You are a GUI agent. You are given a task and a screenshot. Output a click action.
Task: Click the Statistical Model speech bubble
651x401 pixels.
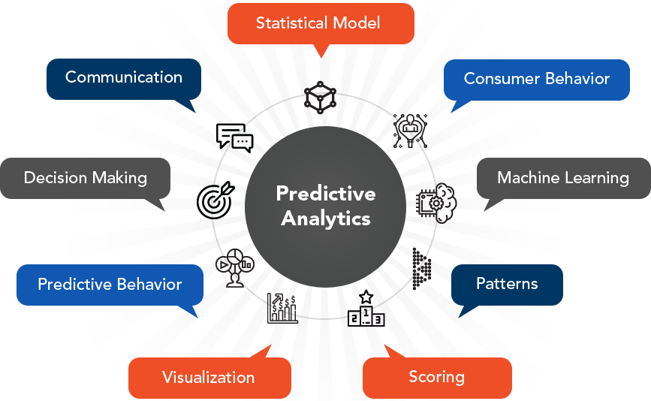(x=321, y=24)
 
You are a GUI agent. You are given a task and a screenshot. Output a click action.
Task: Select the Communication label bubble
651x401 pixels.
(x=124, y=79)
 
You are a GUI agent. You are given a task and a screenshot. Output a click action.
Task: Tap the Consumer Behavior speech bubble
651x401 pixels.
(x=536, y=80)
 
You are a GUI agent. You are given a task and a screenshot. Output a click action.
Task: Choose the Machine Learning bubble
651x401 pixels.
(x=563, y=178)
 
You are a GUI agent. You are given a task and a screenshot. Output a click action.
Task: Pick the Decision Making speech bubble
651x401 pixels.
(x=85, y=178)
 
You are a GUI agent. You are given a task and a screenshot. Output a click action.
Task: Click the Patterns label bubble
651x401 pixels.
(x=507, y=285)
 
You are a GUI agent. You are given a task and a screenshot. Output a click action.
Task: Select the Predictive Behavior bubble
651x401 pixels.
(x=110, y=285)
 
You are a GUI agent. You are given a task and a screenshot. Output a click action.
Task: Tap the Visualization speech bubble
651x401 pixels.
(x=209, y=378)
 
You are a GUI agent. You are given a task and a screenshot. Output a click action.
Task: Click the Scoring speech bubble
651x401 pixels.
(x=437, y=378)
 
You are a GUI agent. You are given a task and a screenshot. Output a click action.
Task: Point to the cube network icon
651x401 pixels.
(x=320, y=98)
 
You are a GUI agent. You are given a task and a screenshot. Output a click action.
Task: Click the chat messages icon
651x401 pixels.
(x=234, y=138)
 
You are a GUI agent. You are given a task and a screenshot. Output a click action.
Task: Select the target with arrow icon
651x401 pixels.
(x=215, y=200)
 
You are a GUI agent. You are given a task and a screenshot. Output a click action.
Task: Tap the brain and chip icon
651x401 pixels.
(x=436, y=204)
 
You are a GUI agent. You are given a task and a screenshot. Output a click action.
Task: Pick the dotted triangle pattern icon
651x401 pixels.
(x=422, y=269)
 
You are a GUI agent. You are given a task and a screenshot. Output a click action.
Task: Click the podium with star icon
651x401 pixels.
(x=366, y=309)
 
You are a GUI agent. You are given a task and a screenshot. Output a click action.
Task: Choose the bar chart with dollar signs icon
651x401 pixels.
(x=282, y=308)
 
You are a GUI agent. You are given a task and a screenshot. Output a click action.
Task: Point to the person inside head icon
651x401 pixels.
(x=410, y=131)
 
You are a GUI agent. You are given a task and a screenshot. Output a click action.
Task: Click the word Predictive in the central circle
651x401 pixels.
(x=326, y=194)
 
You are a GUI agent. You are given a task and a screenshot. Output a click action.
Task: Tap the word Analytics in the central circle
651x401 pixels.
(x=326, y=219)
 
